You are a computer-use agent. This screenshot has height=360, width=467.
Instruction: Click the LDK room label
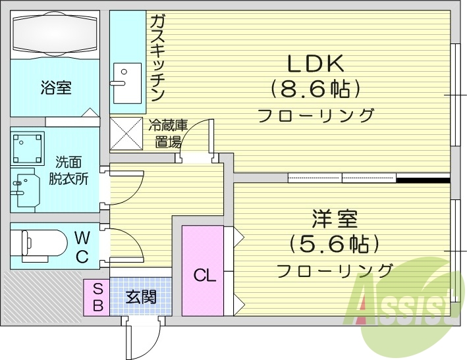click(315, 64)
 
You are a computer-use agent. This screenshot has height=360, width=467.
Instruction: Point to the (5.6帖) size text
click(334, 244)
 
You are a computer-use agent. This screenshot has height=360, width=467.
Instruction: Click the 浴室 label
click(55, 88)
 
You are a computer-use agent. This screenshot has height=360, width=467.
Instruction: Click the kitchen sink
click(126, 82)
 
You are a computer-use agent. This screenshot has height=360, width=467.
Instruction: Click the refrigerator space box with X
click(126, 133)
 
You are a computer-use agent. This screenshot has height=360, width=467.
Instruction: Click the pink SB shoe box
click(96, 296)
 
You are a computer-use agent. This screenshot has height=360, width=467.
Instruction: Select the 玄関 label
click(141, 297)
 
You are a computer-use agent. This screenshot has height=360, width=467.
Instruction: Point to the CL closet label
click(205, 276)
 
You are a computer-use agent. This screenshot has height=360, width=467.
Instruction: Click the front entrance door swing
click(141, 336)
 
